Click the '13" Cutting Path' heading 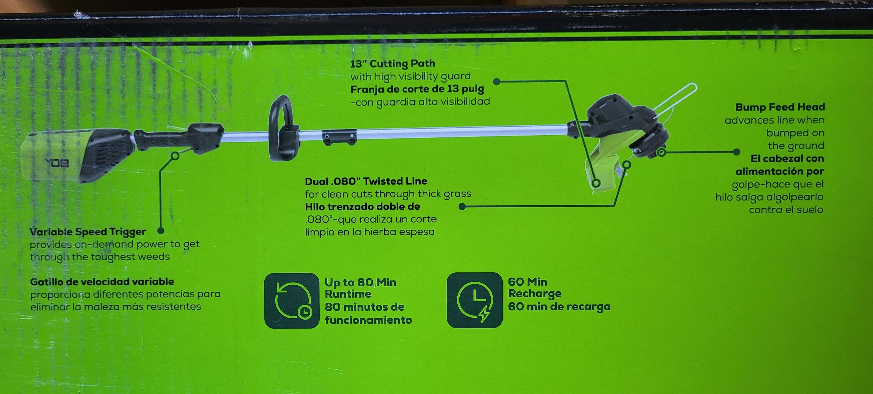tap(392, 63)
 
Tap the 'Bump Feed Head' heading tap(780, 107)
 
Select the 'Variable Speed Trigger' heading tap(88, 232)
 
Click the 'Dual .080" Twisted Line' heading tap(366, 181)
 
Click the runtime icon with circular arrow tap(292, 301)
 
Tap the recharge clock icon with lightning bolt tap(474, 300)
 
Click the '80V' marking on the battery tap(57, 163)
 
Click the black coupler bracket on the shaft tap(339, 137)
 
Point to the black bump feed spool tap(649, 142)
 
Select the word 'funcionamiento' tap(368, 320)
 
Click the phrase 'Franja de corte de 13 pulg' tap(417, 89)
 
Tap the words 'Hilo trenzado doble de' tap(362, 207)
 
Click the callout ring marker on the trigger tap(176, 156)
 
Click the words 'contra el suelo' tap(786, 210)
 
